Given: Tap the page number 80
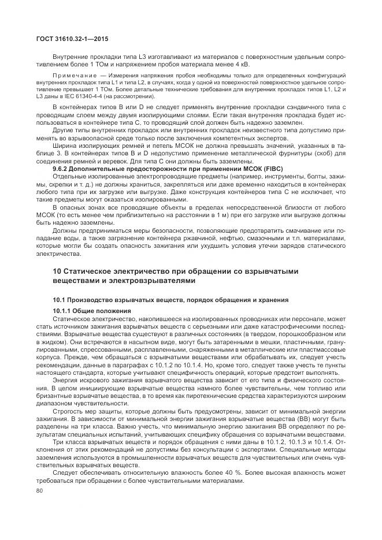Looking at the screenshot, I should pos(40,490).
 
